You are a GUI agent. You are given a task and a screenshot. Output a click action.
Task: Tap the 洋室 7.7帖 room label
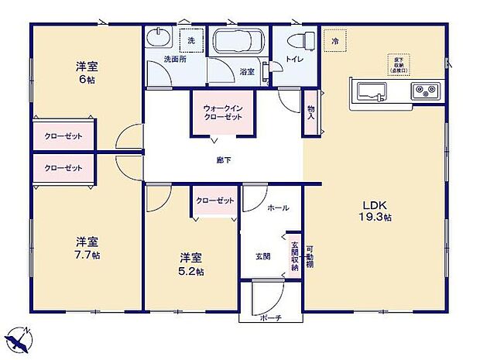pos(87,247)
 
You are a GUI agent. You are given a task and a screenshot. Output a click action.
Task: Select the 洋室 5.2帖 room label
pos(191,263)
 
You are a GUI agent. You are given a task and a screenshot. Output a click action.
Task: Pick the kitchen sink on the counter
pos(372,91)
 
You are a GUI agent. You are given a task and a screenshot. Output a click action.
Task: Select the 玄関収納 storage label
pos(294,253)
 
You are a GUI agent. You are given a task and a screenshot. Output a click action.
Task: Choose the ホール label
pos(277,208)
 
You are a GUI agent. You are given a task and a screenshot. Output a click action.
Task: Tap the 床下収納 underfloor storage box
pos(400,63)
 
